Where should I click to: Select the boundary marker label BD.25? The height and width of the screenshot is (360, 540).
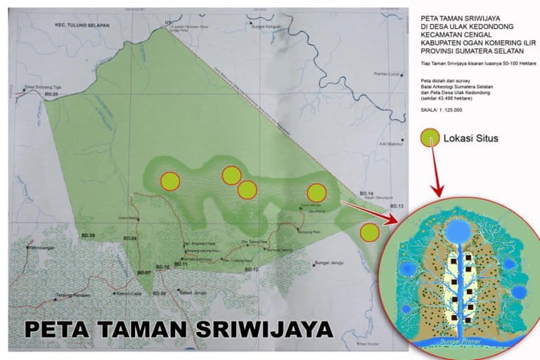(51, 94)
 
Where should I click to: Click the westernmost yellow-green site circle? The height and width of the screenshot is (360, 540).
(169, 181)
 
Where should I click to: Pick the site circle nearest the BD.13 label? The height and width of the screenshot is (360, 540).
(370, 231)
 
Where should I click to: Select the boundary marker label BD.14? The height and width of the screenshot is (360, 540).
(365, 193)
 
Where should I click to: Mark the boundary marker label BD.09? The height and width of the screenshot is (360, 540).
(88, 233)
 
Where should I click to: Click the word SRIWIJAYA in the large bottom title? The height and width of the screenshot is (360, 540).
(257, 329)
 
